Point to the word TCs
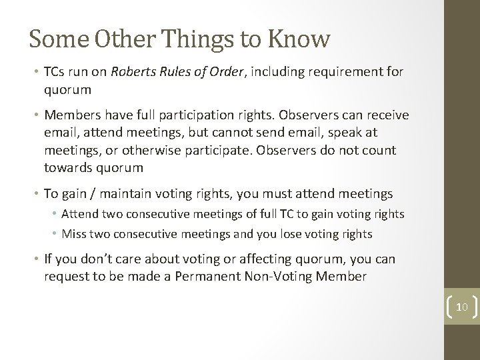[x=55, y=73]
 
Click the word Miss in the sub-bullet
[x=73, y=234]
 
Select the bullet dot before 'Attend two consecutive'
[x=57, y=215]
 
